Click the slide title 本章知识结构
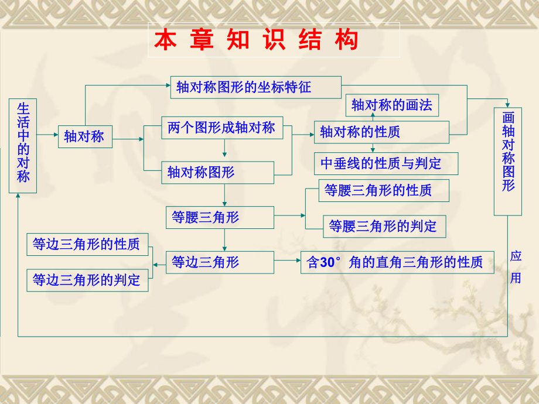256,40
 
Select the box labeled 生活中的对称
23,146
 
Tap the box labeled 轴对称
85,136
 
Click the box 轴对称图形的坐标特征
255,87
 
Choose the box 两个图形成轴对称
221,128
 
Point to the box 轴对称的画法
391,105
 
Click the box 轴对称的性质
381,132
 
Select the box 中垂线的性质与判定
386,163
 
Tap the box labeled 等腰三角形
219,217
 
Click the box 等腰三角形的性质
384,190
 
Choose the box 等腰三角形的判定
384,226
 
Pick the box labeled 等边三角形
219,262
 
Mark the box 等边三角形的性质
87,244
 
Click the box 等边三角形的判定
87,280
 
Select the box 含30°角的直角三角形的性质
397,262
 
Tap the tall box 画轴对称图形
508,162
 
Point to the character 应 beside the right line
516,256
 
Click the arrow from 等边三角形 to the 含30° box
287,262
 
